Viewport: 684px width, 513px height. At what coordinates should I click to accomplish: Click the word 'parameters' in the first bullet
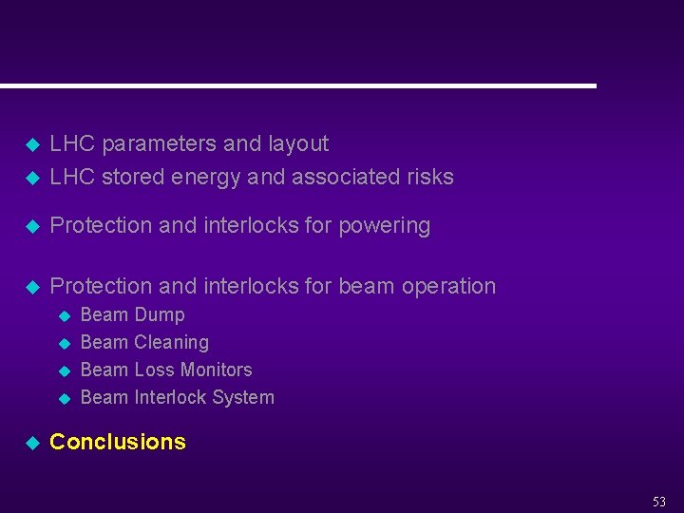159,144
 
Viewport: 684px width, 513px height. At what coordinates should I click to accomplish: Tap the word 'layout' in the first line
297,144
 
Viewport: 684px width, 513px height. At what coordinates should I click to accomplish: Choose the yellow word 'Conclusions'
118,442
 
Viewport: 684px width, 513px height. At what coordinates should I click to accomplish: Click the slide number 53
658,502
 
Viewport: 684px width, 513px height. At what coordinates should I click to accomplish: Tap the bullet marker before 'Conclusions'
30,443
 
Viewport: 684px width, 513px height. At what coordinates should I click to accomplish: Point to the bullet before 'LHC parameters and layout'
30,145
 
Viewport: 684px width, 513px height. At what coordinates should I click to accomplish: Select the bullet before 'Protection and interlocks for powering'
30,227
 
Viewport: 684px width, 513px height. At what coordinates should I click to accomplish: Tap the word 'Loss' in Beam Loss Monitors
153,370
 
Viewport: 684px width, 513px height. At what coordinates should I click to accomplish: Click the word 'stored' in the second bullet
132,177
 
